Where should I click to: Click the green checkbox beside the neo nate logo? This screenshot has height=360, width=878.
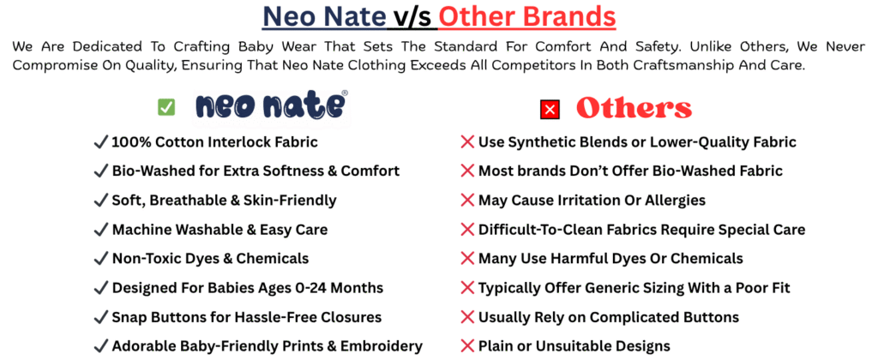tap(166, 107)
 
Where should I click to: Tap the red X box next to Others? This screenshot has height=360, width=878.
tap(550, 109)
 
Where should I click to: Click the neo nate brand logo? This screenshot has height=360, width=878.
tap(271, 105)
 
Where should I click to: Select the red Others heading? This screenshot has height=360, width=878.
tap(634, 109)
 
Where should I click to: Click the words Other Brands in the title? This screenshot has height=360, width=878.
tap(527, 17)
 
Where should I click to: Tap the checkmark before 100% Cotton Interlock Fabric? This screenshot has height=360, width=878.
tap(101, 142)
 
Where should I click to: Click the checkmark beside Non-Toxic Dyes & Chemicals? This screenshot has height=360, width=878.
tap(101, 259)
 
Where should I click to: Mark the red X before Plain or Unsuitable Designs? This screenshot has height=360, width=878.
tap(467, 346)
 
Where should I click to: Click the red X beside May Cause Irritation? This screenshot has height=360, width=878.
tap(467, 201)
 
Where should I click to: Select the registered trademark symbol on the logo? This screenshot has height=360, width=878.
tap(345, 93)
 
